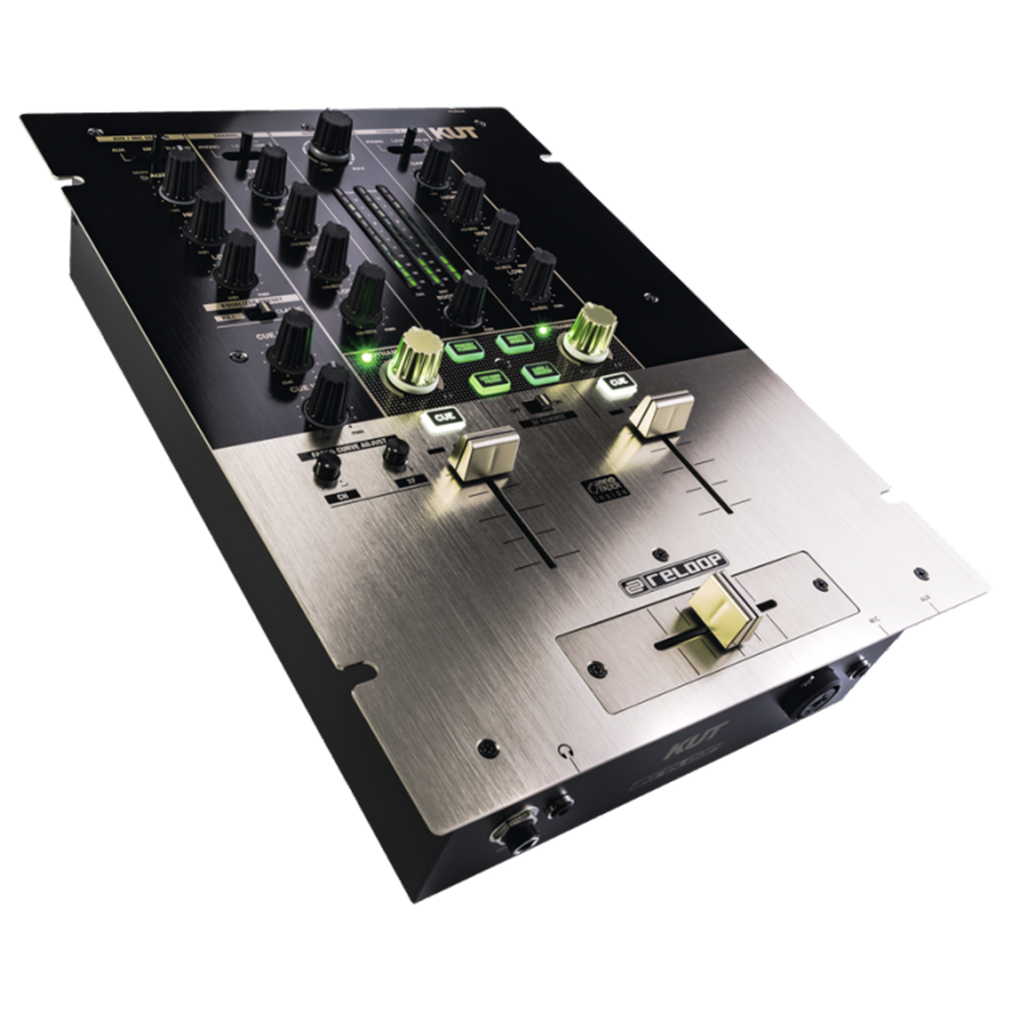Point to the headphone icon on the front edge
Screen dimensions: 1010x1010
pos(564,751)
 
